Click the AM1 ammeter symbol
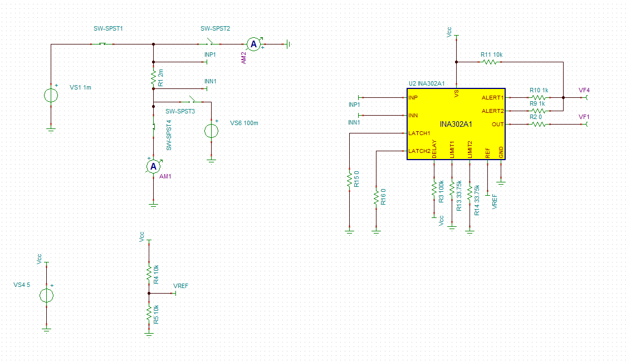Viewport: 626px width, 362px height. pyautogui.click(x=153, y=167)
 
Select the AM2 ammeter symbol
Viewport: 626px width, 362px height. pyautogui.click(x=253, y=44)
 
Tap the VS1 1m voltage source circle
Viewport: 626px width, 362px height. pyautogui.click(x=51, y=95)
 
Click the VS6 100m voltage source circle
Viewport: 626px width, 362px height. pyautogui.click(x=211, y=131)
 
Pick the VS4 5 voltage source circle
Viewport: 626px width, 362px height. pyautogui.click(x=46, y=295)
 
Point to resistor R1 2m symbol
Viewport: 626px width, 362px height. pyautogui.click(x=153, y=78)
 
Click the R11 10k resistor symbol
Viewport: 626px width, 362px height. pyautogui.click(x=490, y=62)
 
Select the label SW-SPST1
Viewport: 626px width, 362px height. pyautogui.click(x=108, y=29)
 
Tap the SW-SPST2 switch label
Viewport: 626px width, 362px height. pyautogui.click(x=215, y=29)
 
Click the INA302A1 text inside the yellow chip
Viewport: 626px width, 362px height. pyautogui.click(x=456, y=125)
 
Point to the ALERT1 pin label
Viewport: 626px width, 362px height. pyautogui.click(x=493, y=98)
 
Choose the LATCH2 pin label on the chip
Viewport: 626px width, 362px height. pyautogui.click(x=419, y=151)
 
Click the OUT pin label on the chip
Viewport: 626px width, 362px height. pyautogui.click(x=497, y=125)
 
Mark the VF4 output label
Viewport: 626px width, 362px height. pyautogui.click(x=584, y=91)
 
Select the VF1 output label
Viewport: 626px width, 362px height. pyautogui.click(x=584, y=117)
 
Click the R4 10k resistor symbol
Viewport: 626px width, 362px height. pyautogui.click(x=149, y=274)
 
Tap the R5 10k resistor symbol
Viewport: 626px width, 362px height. pyautogui.click(x=149, y=314)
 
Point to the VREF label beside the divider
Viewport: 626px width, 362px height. pyautogui.click(x=181, y=286)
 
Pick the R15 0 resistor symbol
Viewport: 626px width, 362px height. pyautogui.click(x=349, y=180)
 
